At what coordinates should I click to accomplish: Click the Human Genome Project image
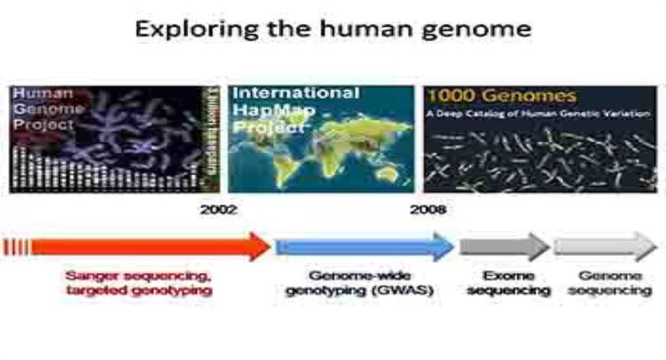[x=115, y=139]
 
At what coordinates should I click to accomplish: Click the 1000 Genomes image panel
[x=540, y=139]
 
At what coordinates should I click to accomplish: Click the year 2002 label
[x=218, y=209]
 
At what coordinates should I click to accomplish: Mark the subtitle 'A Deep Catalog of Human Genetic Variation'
[x=539, y=114]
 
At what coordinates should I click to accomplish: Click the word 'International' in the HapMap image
[x=295, y=93]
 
